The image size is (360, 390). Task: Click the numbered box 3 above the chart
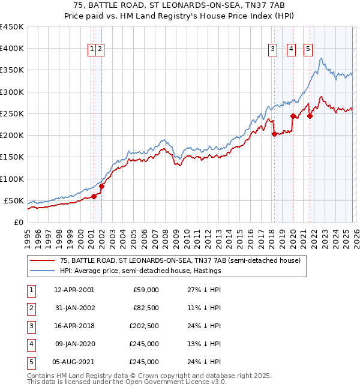(272, 50)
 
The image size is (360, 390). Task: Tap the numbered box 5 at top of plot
(308, 50)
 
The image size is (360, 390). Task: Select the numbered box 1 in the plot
(92, 50)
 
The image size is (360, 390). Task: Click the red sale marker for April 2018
(274, 134)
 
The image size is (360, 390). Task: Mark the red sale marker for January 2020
(293, 116)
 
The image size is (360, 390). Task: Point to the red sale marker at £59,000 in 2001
(94, 196)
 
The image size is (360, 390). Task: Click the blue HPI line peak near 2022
(322, 58)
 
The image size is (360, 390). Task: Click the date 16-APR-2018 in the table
(74, 326)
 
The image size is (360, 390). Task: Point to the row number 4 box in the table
(29, 344)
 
